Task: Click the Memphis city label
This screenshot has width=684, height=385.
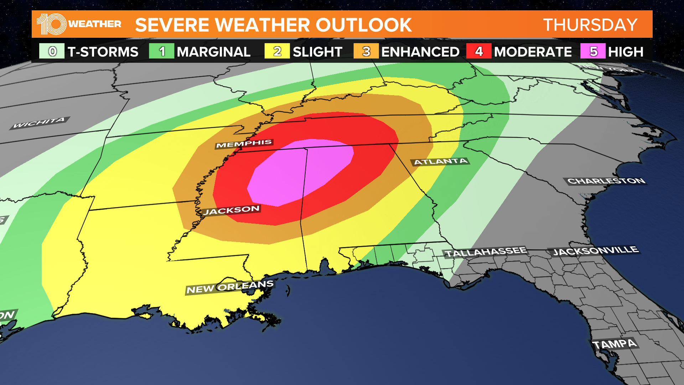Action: (x=244, y=144)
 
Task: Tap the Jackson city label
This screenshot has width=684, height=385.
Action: (x=231, y=210)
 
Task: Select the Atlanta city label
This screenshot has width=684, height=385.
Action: (x=441, y=161)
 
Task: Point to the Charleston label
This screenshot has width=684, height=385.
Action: (x=606, y=181)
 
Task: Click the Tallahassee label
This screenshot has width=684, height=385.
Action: (x=486, y=252)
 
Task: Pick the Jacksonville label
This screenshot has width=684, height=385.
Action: (x=595, y=251)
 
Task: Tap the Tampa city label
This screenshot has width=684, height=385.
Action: (x=614, y=344)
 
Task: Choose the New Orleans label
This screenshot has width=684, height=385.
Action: (x=230, y=287)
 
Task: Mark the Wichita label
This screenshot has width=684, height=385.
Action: (x=39, y=123)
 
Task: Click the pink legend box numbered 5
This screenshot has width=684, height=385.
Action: (x=593, y=51)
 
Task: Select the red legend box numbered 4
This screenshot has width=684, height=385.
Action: (x=479, y=51)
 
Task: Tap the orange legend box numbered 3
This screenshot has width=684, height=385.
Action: (x=366, y=51)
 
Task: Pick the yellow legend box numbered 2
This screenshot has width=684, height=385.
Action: (x=277, y=51)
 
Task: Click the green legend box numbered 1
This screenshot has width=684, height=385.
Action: (x=162, y=51)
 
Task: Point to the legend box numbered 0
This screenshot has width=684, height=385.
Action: (x=52, y=51)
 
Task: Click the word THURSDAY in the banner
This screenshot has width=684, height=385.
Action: (x=590, y=25)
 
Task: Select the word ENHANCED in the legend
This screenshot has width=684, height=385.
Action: (x=420, y=52)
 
